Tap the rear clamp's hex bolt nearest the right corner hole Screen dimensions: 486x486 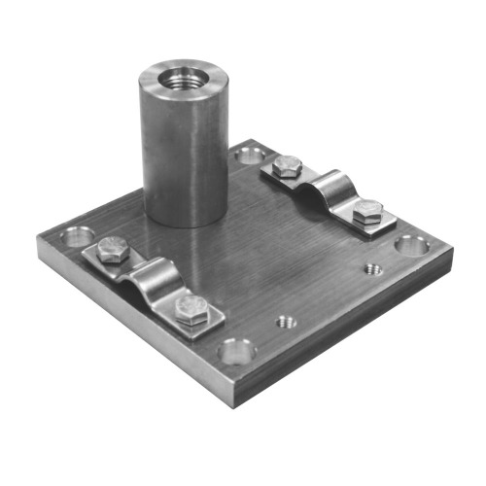(x=367, y=213)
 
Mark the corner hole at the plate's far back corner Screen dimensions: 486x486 (x=250, y=154)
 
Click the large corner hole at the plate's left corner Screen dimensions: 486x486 (x=77, y=236)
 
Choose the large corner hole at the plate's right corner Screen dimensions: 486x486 (x=413, y=242)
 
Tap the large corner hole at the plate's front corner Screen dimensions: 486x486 (x=236, y=350)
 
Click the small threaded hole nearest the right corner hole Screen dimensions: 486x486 (x=371, y=269)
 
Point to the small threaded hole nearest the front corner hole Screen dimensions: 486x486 (x=285, y=320)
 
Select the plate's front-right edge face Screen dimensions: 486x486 (x=350, y=326)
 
